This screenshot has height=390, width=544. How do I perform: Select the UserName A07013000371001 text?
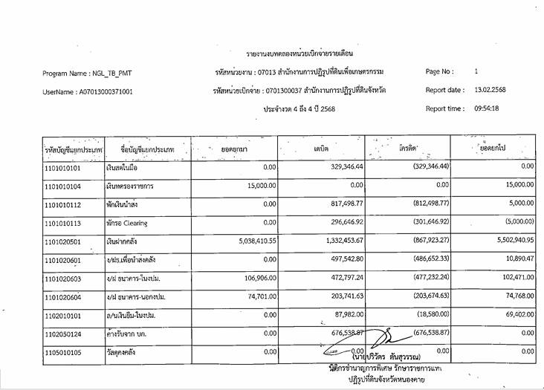pyautogui.click(x=88, y=92)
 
